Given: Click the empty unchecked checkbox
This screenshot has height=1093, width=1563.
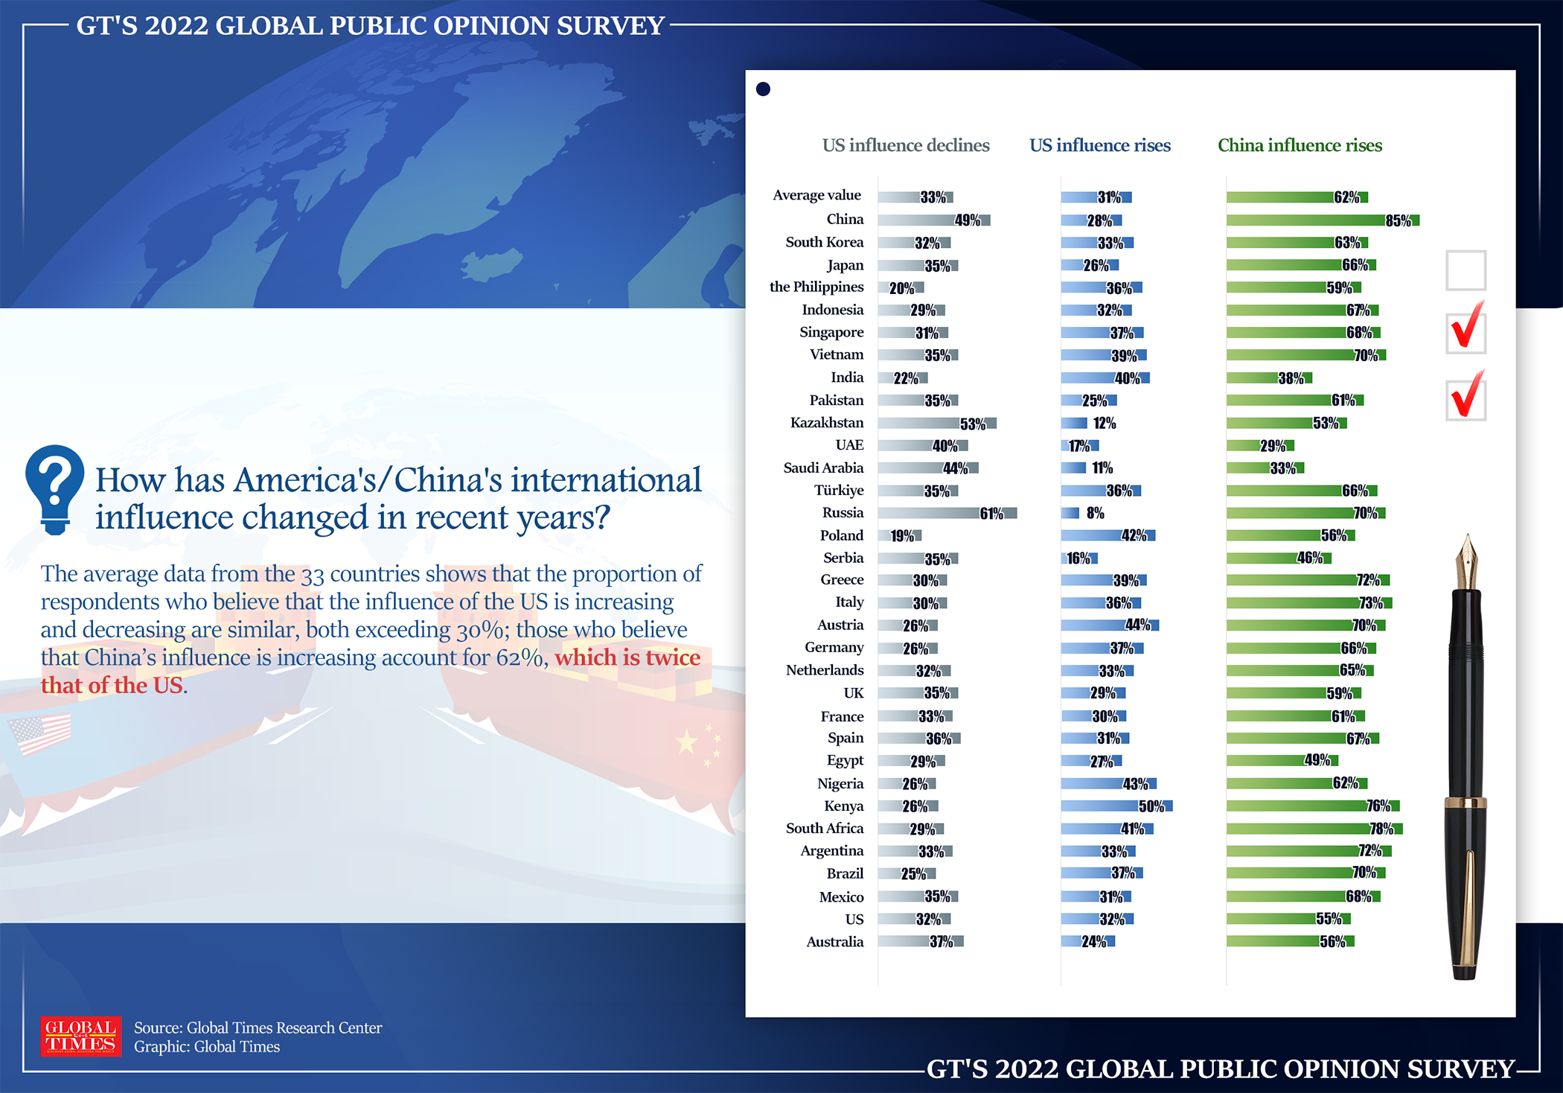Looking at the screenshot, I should tap(1465, 270).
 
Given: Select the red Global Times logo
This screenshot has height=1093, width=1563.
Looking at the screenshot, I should tap(80, 1036).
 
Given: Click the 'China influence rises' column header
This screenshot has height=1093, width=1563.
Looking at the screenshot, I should tap(1300, 145).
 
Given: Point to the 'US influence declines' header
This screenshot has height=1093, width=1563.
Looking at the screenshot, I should tap(905, 145).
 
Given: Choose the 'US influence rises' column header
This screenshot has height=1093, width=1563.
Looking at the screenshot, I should tap(1099, 145).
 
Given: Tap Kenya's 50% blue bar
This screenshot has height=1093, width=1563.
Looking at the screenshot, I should tap(1116, 806).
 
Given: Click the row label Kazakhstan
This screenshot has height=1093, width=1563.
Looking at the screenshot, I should tap(826, 423).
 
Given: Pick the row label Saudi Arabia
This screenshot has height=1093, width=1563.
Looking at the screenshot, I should tap(822, 468).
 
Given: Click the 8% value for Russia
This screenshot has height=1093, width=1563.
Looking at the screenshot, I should tap(1095, 513).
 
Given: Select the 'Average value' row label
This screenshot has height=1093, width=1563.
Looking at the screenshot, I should tap(816, 195).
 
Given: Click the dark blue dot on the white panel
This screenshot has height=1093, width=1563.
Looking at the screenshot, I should tap(763, 89).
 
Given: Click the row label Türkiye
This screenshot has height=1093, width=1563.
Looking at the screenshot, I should tap(838, 490).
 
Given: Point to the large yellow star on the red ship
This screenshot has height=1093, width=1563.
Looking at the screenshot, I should tap(686, 742).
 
